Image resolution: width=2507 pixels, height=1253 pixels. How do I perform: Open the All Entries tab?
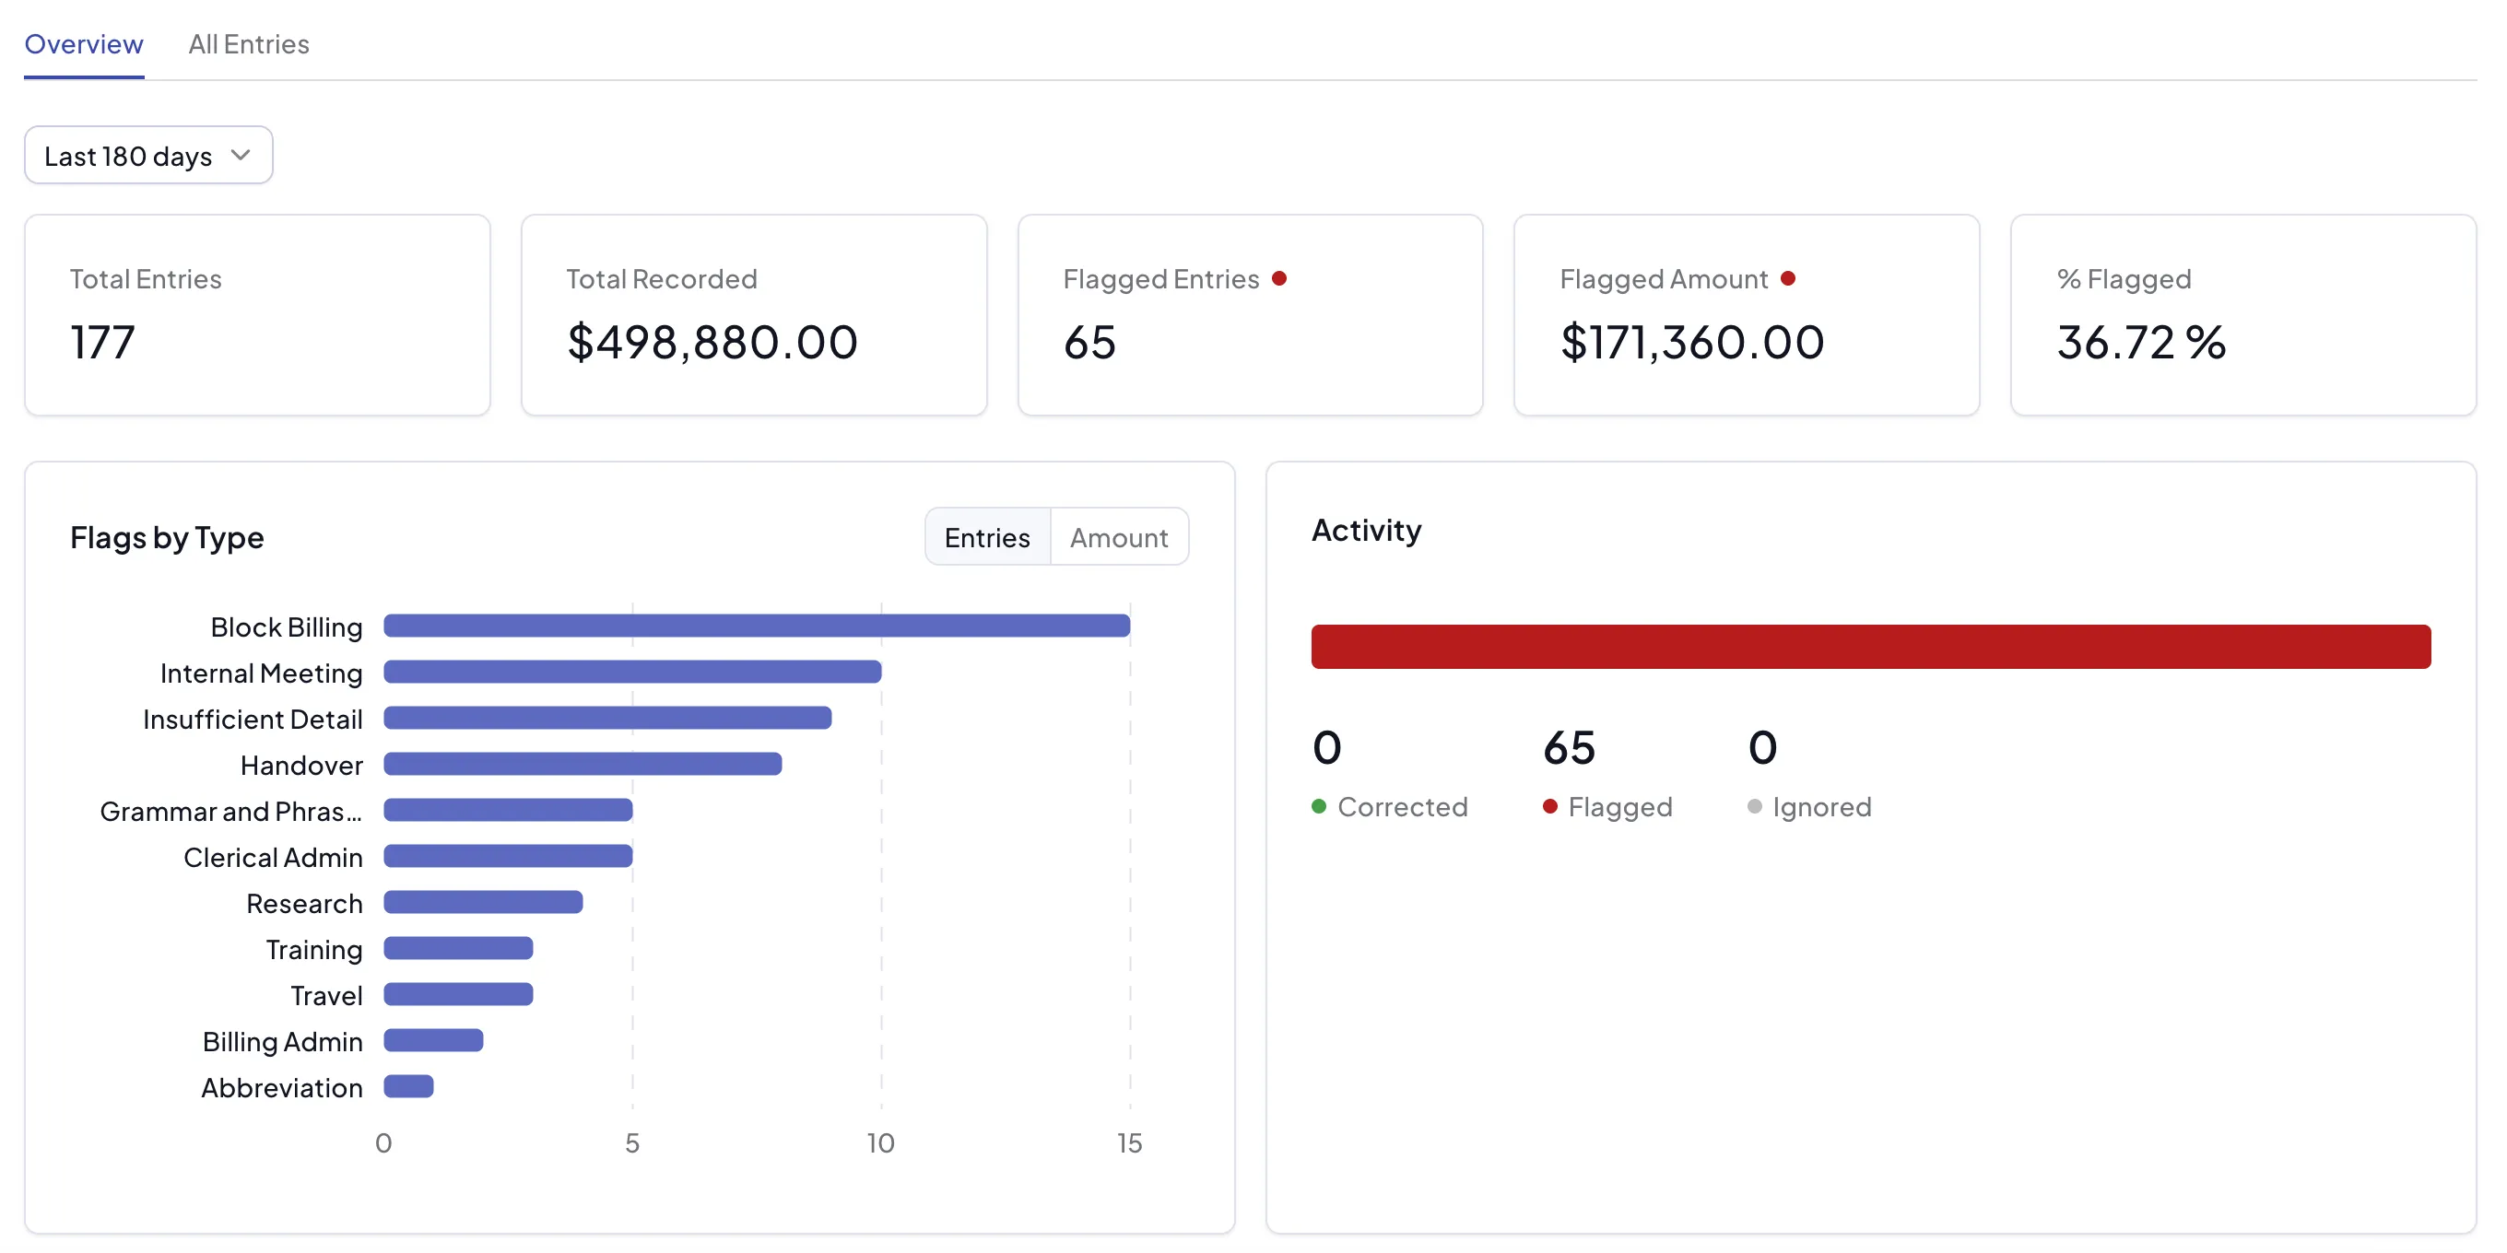(x=248, y=44)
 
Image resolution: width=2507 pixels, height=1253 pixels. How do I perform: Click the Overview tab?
(x=84, y=44)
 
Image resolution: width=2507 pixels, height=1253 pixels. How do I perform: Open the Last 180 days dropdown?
(x=147, y=156)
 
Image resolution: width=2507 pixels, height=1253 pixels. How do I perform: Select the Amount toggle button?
(x=1119, y=537)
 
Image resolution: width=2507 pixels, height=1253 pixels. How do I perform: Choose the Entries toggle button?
(x=987, y=537)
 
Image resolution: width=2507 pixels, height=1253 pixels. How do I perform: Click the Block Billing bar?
(x=757, y=626)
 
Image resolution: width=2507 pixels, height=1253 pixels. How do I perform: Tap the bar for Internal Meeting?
(x=632, y=672)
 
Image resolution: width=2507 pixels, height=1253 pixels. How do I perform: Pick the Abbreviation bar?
(x=408, y=1085)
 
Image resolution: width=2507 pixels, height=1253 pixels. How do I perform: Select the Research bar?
(x=484, y=902)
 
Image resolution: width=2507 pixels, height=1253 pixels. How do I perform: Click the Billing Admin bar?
(x=433, y=1040)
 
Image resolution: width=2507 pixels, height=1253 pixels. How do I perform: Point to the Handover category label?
(x=301, y=766)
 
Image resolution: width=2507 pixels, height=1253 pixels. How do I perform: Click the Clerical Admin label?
(x=274, y=857)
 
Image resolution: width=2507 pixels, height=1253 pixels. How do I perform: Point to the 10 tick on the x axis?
(x=881, y=1143)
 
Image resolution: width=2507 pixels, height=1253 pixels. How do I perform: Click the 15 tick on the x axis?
(x=1129, y=1143)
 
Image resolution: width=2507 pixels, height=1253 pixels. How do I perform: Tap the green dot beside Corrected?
(x=1319, y=806)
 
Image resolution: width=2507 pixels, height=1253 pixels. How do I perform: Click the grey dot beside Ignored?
(x=1754, y=806)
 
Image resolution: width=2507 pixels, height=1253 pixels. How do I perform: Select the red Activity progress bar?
(x=1870, y=647)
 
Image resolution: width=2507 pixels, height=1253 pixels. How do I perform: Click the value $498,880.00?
(x=712, y=343)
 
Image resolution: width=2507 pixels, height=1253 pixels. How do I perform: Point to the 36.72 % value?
(x=2141, y=343)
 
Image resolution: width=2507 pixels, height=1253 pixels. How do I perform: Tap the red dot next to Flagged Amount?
(x=1788, y=278)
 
